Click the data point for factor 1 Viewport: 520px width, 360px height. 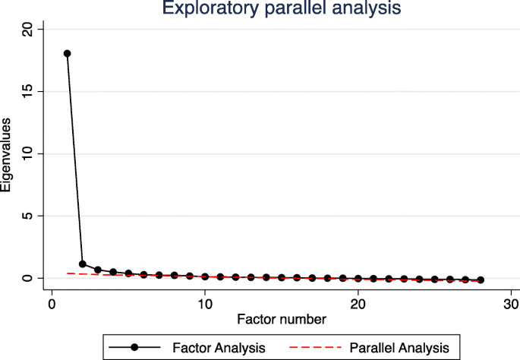coord(67,54)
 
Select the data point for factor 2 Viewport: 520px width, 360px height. coord(82,264)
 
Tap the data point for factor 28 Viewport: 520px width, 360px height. coord(481,280)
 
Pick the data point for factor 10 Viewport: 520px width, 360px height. coord(205,276)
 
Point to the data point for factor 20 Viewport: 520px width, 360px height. coord(358,279)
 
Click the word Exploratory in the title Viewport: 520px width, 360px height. coord(206,10)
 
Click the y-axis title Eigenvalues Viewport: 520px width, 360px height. coord(7,154)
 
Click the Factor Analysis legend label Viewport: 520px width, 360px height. coord(218,348)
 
